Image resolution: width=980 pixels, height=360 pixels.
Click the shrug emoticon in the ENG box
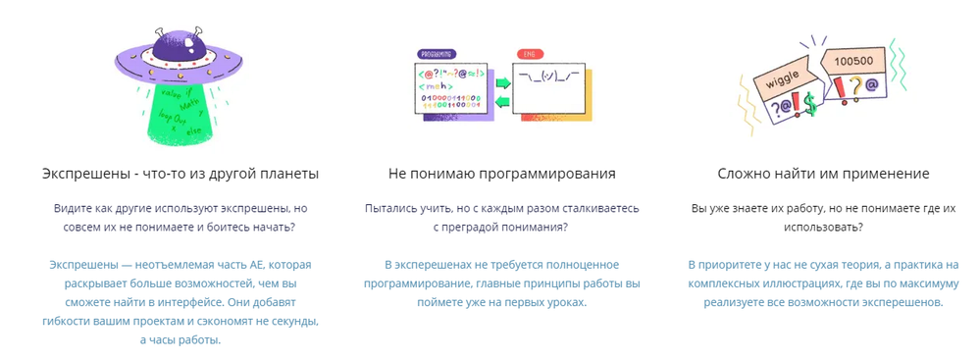[x=548, y=76]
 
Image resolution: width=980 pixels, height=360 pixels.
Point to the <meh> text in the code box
[x=436, y=85]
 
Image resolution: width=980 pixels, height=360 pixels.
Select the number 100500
[x=851, y=61]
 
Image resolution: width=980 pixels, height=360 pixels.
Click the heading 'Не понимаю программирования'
[x=501, y=174]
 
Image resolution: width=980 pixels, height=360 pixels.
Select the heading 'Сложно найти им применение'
[x=824, y=174]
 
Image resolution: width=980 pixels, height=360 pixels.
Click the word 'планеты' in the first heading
[x=289, y=174]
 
